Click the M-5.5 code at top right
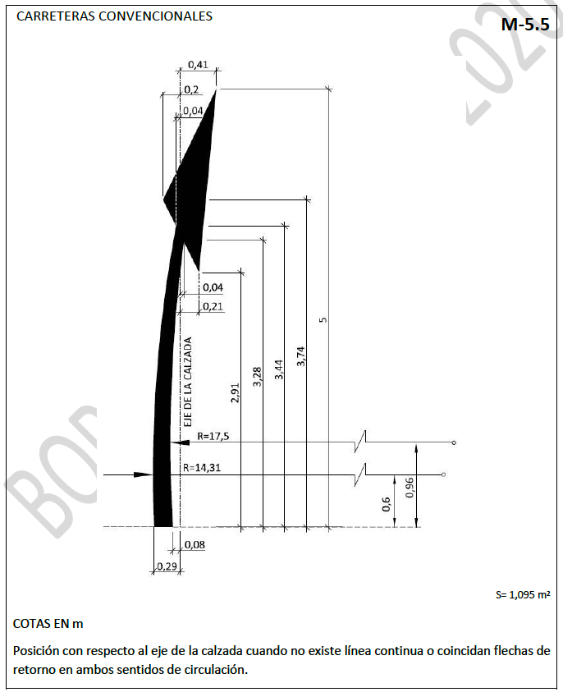pos(525,25)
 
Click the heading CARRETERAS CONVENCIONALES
pos(114,16)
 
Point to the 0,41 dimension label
pos(198,64)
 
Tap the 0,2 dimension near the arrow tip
pos(191,89)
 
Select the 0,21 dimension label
pos(213,306)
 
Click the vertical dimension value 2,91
pos(236,392)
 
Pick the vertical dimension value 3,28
pos(257,377)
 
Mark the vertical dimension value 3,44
pos(279,369)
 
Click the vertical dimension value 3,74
pos(301,356)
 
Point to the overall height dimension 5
pos(323,319)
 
